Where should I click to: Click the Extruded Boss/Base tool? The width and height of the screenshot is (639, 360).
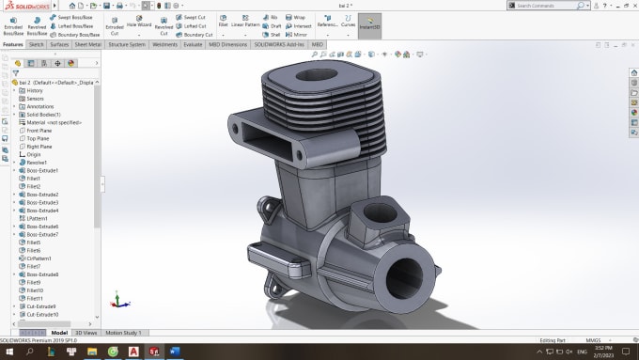coord(13,25)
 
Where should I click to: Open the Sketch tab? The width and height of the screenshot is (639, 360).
coord(37,44)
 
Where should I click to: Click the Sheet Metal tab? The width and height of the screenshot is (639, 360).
coord(88,44)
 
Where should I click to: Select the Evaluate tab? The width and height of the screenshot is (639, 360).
coord(193,44)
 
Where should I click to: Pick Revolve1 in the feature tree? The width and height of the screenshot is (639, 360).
coord(38,162)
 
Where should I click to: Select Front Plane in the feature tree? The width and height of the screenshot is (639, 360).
coord(39,130)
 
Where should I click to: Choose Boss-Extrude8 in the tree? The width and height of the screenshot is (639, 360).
coord(42,274)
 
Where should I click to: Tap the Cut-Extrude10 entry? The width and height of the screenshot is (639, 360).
coord(41,314)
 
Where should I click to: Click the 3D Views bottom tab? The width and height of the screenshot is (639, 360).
coord(86,332)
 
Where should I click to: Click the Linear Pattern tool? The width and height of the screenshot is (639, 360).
coord(244,24)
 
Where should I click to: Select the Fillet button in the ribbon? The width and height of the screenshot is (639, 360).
coord(223,24)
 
